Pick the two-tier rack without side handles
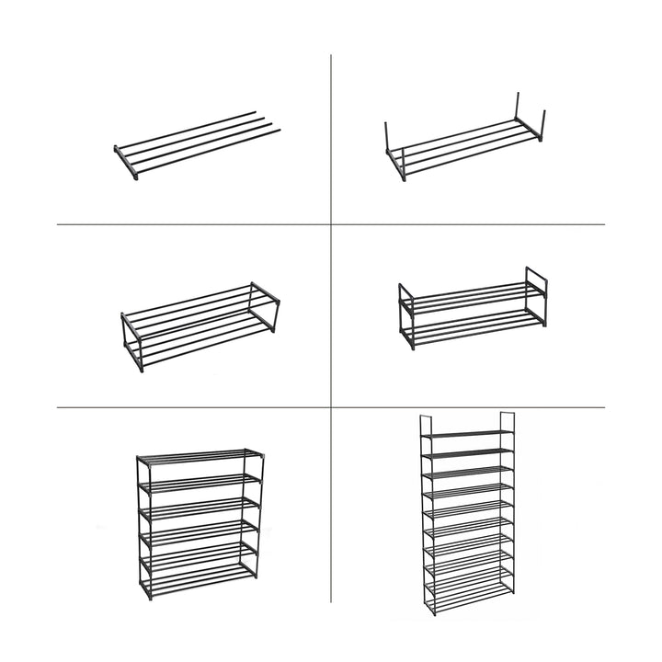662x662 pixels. (200, 326)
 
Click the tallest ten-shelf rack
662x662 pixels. (466, 519)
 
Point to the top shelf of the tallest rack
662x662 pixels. (466, 431)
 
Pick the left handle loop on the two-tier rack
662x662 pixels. (405, 296)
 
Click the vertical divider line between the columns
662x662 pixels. (331, 322)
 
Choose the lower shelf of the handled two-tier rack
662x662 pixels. (469, 330)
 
